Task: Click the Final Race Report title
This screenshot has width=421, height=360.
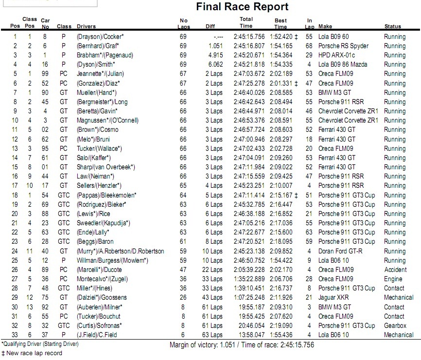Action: (x=242, y=7)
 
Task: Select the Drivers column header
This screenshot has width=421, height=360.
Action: (x=86, y=26)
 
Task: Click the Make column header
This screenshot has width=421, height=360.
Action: (x=325, y=26)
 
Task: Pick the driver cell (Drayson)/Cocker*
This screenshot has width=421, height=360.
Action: (x=100, y=36)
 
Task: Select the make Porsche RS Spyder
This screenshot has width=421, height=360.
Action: (x=343, y=46)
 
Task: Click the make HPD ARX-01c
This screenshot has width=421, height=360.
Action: (x=336, y=55)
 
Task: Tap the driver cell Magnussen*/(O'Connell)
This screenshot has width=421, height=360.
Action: (x=107, y=120)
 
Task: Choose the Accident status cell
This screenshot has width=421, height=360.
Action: (x=395, y=270)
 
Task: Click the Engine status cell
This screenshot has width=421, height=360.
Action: (x=393, y=279)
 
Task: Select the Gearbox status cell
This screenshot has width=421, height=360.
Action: (x=394, y=325)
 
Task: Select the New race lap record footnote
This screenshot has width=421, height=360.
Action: (x=32, y=353)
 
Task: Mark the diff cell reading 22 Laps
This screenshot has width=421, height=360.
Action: (x=213, y=270)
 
